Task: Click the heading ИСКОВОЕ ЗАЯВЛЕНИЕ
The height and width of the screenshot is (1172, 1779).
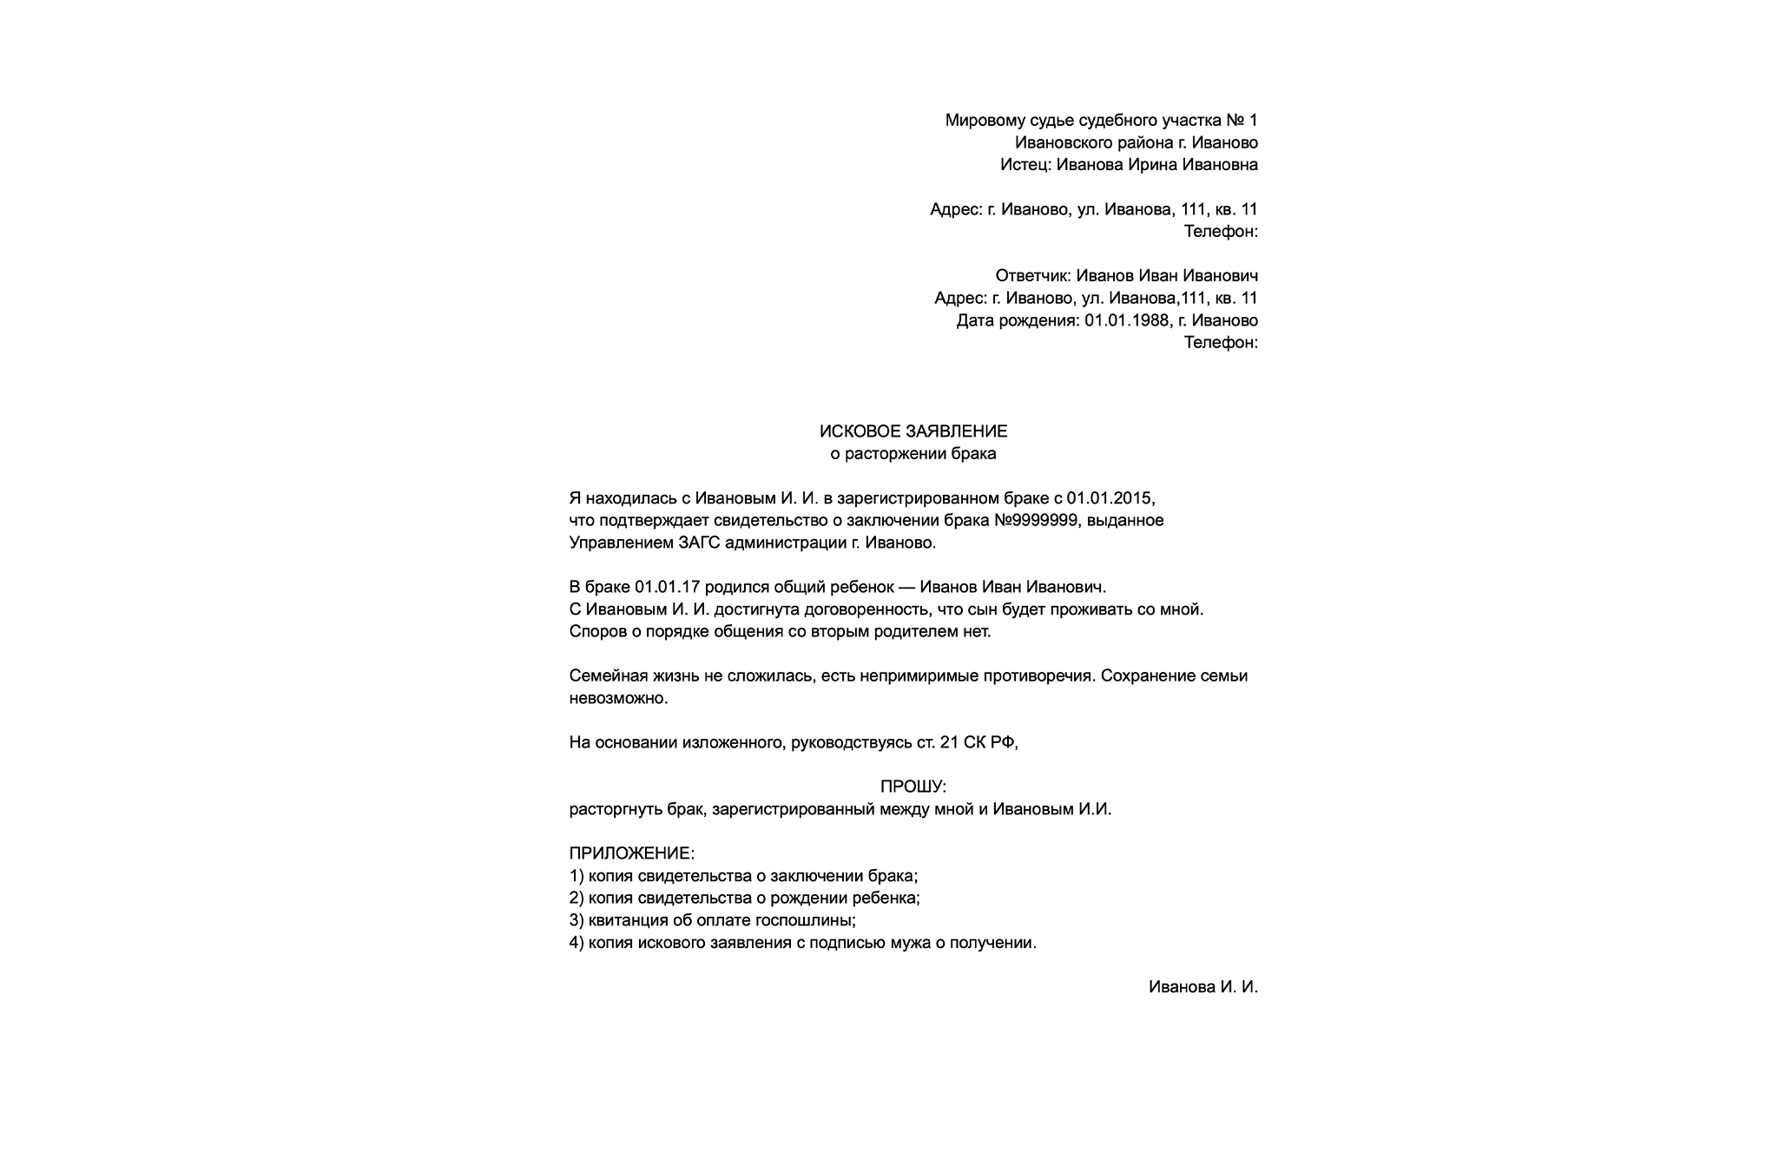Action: pos(913,431)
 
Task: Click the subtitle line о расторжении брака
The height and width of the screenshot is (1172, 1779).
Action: pos(913,454)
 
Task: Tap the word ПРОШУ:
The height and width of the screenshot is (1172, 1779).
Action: pos(913,787)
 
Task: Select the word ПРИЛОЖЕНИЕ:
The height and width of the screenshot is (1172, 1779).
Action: pos(632,853)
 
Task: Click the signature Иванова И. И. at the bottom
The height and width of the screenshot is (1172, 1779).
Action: pos(1202,987)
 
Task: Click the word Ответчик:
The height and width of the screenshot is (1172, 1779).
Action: pos(1032,276)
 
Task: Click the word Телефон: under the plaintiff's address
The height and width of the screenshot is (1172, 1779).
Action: pos(1221,232)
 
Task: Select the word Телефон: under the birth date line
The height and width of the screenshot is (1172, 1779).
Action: pos(1221,343)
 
